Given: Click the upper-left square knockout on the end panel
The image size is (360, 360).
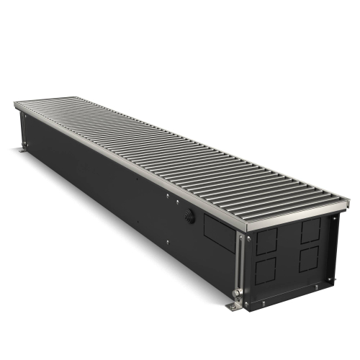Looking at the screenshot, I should [x=266, y=243].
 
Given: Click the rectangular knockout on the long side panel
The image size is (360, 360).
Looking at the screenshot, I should [x=220, y=230].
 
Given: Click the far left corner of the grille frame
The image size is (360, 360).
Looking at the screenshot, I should [x=15, y=106].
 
